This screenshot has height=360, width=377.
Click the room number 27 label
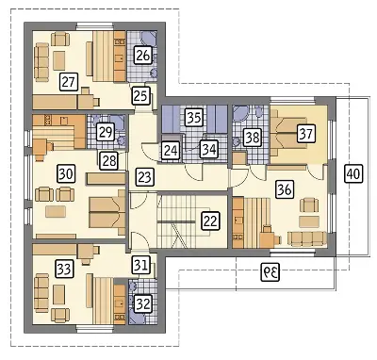pos(69,82)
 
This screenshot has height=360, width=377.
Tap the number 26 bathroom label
pos(143,56)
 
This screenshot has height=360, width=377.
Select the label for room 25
pos(140,95)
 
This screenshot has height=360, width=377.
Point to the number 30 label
pos(66,173)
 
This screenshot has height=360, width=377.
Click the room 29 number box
pos(105,132)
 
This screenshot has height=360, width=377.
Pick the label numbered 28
pos(108,160)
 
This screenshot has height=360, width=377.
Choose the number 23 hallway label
pos(144,176)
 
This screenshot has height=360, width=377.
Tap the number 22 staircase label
pos(210,221)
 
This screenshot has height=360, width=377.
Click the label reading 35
pos(193,117)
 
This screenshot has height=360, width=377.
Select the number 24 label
pos(171,150)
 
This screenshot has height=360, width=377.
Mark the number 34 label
pos(208,149)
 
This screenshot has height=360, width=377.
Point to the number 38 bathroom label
pos(253,138)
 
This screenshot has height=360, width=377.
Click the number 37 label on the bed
pos(306,133)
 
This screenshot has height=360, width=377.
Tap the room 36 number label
pos(285,189)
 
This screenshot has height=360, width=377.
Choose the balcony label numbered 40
pos(353,173)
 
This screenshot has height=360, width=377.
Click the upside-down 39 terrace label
pos(270,272)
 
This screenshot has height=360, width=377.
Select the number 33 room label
pos(65,269)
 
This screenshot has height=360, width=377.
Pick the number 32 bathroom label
pos(142,303)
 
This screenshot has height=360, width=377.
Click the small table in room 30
pos(56,211)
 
